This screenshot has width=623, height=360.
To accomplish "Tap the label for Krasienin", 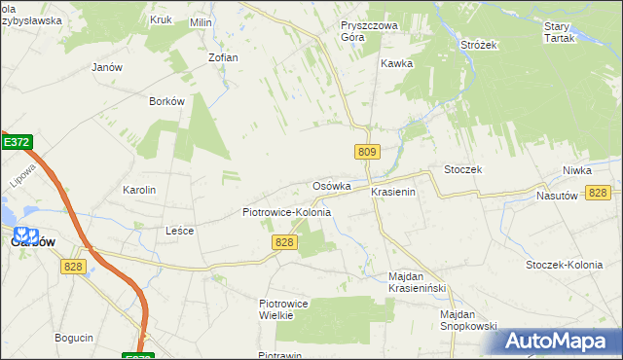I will (393, 193).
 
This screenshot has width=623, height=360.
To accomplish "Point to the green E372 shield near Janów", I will (17, 142).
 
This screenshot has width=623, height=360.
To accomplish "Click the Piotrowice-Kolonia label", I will (286, 212).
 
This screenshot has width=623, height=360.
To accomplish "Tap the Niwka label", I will (576, 170).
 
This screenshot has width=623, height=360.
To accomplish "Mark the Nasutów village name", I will (558, 195).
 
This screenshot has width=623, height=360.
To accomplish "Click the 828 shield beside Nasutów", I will (599, 193).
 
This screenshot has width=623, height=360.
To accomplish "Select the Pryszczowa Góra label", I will (365, 32).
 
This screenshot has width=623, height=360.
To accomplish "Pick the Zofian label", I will (223, 57).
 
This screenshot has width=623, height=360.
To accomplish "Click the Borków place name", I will (166, 101).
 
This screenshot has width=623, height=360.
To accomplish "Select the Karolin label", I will (139, 190).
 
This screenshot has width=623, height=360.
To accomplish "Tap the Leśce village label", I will (180, 231).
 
